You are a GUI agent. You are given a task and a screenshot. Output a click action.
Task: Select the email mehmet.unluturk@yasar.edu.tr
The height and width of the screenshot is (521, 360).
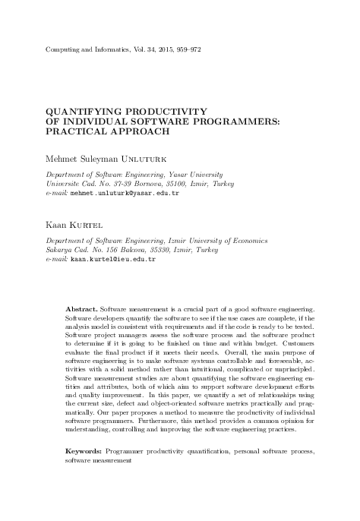125,194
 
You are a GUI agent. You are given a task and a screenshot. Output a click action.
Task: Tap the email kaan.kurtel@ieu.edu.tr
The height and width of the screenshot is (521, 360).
113,259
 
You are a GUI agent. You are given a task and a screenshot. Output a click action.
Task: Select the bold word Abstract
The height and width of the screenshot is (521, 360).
81,333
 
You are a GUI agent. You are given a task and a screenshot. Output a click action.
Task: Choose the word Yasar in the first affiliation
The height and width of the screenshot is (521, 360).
180,174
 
